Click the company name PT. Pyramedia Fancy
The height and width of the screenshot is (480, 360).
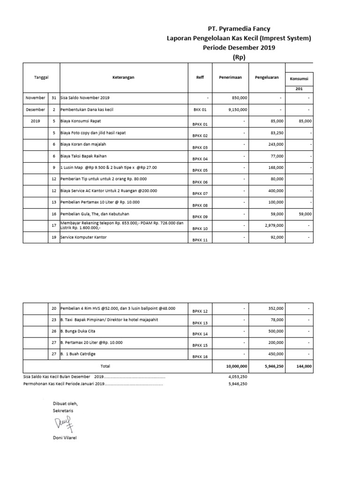(239, 29)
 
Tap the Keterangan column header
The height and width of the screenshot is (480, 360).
(123, 77)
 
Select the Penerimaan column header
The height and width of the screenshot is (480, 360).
(230, 77)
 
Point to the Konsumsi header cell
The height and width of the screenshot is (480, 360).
(299, 79)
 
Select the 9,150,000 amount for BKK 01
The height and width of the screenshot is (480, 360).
(238, 110)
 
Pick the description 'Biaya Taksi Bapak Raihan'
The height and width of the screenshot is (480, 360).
(87, 156)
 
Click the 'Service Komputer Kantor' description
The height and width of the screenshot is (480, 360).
(83, 238)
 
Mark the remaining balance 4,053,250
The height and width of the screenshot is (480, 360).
(237, 376)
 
